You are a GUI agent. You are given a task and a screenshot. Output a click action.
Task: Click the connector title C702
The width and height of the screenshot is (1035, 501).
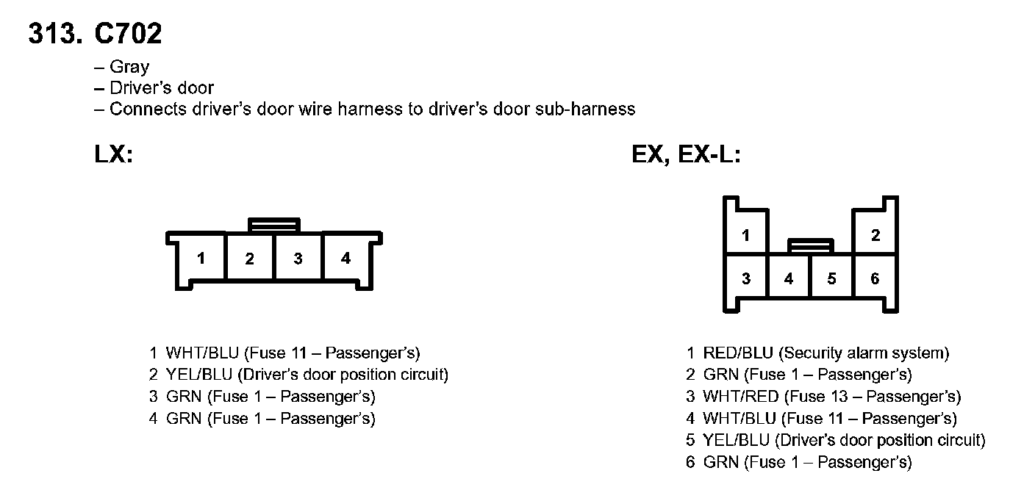click(x=128, y=33)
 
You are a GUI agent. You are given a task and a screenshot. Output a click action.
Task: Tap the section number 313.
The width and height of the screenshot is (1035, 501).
click(x=55, y=33)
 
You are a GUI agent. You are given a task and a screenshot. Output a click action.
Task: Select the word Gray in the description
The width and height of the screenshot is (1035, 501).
click(x=129, y=68)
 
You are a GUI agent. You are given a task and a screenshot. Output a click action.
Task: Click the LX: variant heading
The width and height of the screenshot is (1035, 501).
click(x=114, y=154)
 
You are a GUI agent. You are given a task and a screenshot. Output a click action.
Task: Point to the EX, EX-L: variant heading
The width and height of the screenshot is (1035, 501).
click(x=686, y=154)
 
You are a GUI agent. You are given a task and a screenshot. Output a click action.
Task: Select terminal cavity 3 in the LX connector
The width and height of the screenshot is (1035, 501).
click(x=298, y=258)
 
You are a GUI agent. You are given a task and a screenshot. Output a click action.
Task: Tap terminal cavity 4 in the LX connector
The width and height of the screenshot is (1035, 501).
click(x=346, y=258)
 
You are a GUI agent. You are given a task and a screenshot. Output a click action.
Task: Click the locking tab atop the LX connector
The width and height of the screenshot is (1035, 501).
click(x=274, y=225)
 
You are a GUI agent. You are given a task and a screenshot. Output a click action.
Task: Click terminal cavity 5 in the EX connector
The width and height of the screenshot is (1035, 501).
click(x=831, y=278)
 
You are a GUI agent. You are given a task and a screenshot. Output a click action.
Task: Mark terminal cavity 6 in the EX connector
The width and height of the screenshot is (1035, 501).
click(x=875, y=278)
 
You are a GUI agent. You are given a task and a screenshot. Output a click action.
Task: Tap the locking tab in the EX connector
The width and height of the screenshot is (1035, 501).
click(x=811, y=245)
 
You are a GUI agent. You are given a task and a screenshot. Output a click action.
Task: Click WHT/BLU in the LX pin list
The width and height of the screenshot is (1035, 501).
click(x=202, y=353)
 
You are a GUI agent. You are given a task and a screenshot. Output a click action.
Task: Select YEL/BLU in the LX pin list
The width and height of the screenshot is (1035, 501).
click(x=199, y=375)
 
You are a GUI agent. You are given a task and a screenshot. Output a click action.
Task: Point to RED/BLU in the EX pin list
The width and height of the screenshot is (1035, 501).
click(x=738, y=353)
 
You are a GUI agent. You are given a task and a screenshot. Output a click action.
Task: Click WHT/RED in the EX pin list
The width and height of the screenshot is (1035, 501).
click(x=741, y=396)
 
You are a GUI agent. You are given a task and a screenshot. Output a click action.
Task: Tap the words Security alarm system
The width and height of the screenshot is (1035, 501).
click(x=864, y=353)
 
